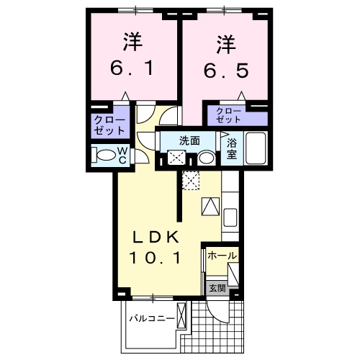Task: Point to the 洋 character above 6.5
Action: [x=223, y=43]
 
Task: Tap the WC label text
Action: [x=122, y=155]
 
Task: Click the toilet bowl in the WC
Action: [x=106, y=155]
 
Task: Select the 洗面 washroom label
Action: [x=189, y=140]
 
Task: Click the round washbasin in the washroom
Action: [x=206, y=158]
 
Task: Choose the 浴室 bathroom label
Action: [x=232, y=149]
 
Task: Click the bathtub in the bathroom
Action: [x=256, y=148]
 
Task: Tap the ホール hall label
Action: [x=222, y=256]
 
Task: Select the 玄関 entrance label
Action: [x=217, y=288]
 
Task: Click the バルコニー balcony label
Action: [x=152, y=318]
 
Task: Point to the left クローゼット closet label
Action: [x=108, y=127]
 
